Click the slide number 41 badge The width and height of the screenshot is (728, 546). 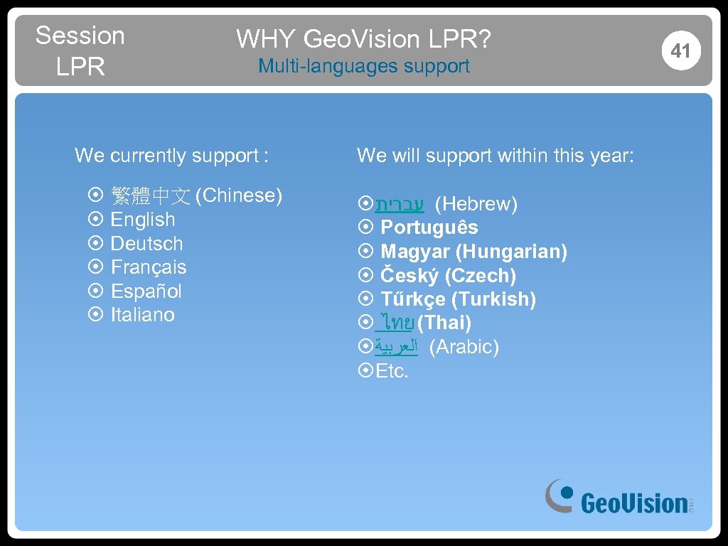point(680,50)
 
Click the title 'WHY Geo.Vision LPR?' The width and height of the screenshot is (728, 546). point(363,39)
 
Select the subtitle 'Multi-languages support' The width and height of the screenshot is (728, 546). point(363,66)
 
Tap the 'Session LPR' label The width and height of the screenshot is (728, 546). point(80,50)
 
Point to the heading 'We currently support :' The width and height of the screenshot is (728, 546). point(171,155)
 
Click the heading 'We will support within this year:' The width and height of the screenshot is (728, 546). point(495,155)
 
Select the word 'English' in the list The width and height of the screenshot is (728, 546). point(142,220)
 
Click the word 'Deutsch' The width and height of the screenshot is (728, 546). point(146,244)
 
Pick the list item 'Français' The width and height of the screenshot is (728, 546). point(149,267)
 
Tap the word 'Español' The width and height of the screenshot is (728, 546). point(146,291)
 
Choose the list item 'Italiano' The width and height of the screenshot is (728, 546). point(142,315)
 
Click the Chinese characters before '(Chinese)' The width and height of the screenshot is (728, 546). point(150,196)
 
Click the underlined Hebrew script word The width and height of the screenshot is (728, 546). point(400,205)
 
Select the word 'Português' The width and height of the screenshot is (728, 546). point(429,228)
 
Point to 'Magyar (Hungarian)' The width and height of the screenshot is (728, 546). point(473,252)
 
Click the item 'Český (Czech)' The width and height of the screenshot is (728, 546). point(448,276)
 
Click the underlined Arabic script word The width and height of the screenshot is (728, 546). point(396,348)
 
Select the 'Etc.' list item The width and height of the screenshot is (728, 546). point(392,371)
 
